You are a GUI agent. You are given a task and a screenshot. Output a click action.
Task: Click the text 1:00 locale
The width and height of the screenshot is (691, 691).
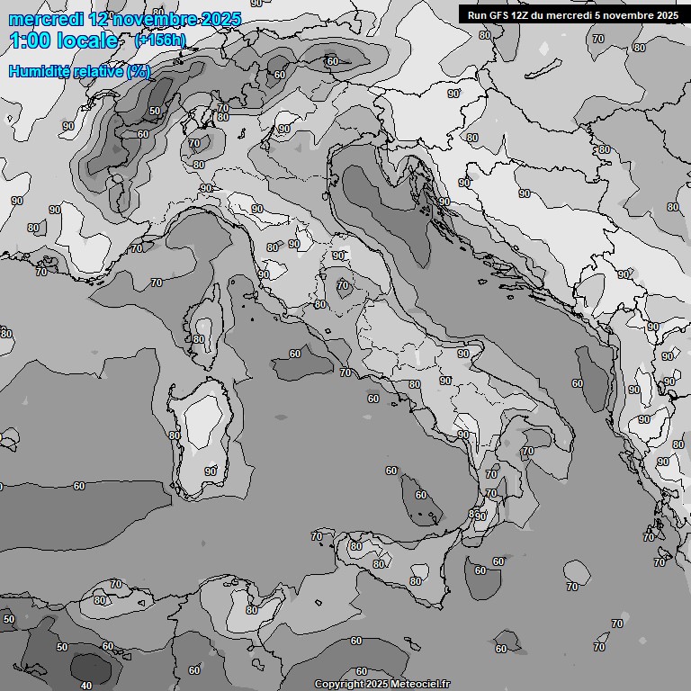(x=63, y=40)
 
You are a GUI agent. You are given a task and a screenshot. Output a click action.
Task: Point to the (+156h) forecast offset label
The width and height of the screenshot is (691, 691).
(x=160, y=40)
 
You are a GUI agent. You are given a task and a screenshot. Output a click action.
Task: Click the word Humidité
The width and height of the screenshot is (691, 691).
(x=40, y=71)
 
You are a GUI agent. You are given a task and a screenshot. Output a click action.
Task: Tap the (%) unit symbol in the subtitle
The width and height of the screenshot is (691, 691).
(x=139, y=71)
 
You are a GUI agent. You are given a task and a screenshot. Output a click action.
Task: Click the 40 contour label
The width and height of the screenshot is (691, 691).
(x=86, y=686)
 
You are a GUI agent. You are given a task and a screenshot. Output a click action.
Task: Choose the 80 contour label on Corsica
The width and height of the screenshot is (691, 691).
(x=199, y=339)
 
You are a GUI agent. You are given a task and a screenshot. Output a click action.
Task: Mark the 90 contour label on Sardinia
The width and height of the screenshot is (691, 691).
(x=210, y=471)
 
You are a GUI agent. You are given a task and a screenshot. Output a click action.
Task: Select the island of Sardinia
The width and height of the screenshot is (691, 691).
(x=200, y=432)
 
